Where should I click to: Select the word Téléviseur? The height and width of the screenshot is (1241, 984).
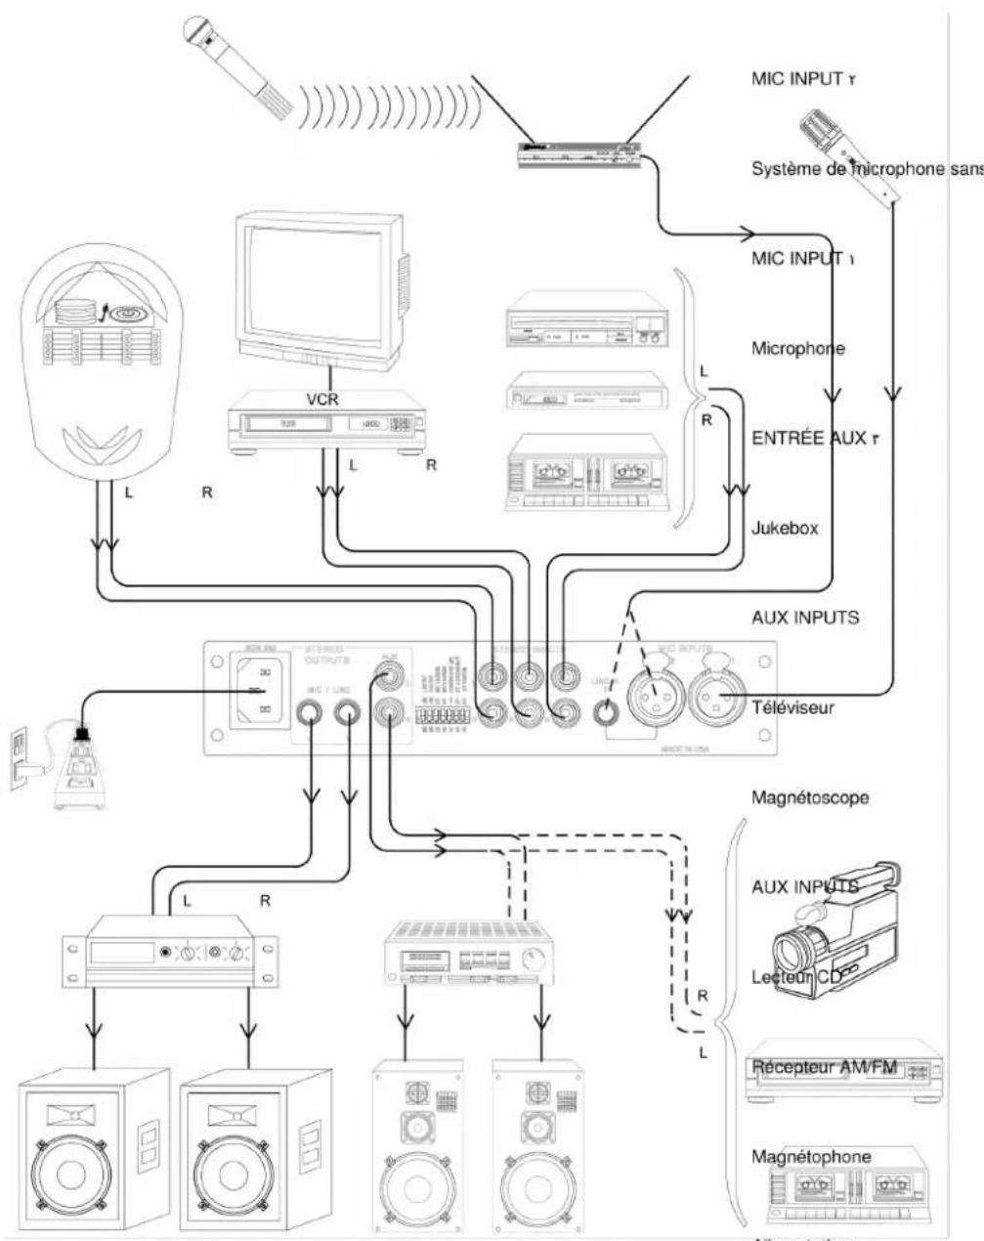coord(792,707)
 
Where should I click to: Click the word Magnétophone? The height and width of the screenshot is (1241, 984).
coord(811,1157)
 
